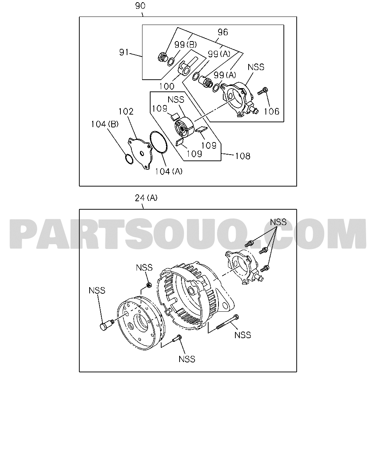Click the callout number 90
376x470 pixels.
point(140,6)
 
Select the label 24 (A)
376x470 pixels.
point(146,198)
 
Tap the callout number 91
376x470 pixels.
point(124,52)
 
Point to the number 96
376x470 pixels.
point(223,32)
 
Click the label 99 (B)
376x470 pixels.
point(185,44)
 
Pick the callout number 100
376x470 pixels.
point(167,86)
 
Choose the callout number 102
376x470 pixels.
point(126,111)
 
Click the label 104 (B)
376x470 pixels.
point(105,124)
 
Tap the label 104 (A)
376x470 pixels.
point(169,171)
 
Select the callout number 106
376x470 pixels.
point(272,111)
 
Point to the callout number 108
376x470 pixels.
point(242,156)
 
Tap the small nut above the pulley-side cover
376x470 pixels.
point(149,285)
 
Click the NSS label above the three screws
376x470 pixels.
point(278,222)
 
